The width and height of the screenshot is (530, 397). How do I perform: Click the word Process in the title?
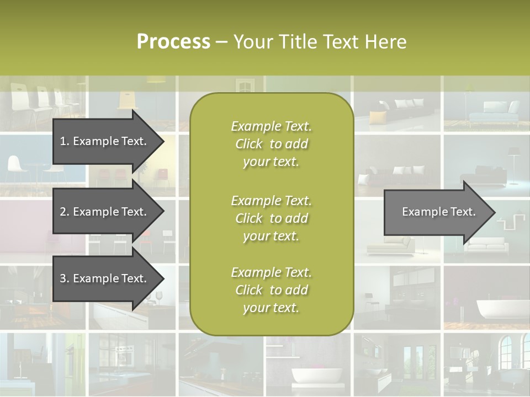pos(173,42)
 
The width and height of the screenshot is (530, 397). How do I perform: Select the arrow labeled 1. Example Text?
pos(105,141)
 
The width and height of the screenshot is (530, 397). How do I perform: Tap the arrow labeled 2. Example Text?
pos(105,212)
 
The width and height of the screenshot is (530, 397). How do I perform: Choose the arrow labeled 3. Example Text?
pos(105,278)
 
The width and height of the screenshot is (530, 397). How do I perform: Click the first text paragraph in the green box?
pos(271,144)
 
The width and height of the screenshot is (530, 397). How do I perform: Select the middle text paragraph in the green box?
pos(271,218)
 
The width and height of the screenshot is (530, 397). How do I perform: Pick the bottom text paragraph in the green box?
pos(271,290)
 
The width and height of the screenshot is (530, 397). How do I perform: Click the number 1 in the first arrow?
pos(63,141)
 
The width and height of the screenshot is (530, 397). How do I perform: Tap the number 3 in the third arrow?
pos(63,278)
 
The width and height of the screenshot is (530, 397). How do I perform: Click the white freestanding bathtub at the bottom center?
pos(309,376)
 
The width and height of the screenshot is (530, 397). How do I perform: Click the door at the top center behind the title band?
pos(243,84)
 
